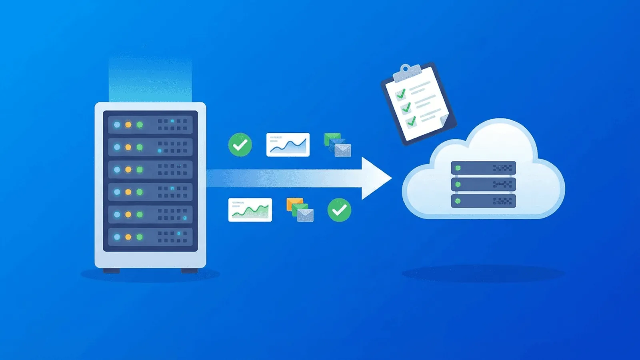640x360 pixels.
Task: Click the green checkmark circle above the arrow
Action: tap(240, 145)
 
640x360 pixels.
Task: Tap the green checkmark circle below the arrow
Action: tap(339, 210)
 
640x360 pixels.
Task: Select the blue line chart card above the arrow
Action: tap(288, 144)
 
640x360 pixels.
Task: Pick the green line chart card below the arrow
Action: tap(250, 210)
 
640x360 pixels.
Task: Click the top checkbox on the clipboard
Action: tap(400, 94)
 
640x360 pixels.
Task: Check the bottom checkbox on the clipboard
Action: tap(412, 121)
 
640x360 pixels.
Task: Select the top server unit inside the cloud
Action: tap(483, 168)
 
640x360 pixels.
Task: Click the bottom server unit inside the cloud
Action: tap(483, 201)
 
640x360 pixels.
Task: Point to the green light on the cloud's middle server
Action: tap(458, 184)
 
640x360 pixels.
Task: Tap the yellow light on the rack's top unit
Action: tap(128, 125)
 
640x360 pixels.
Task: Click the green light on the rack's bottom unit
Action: tap(140, 237)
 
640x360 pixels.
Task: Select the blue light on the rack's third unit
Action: tap(117, 170)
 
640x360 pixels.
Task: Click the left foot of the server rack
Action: tap(112, 271)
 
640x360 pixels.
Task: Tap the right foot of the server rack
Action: tap(190, 271)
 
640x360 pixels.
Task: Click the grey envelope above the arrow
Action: tap(343, 150)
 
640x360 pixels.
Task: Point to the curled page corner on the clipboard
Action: tap(444, 119)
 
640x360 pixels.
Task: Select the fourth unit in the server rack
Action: tap(150, 192)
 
